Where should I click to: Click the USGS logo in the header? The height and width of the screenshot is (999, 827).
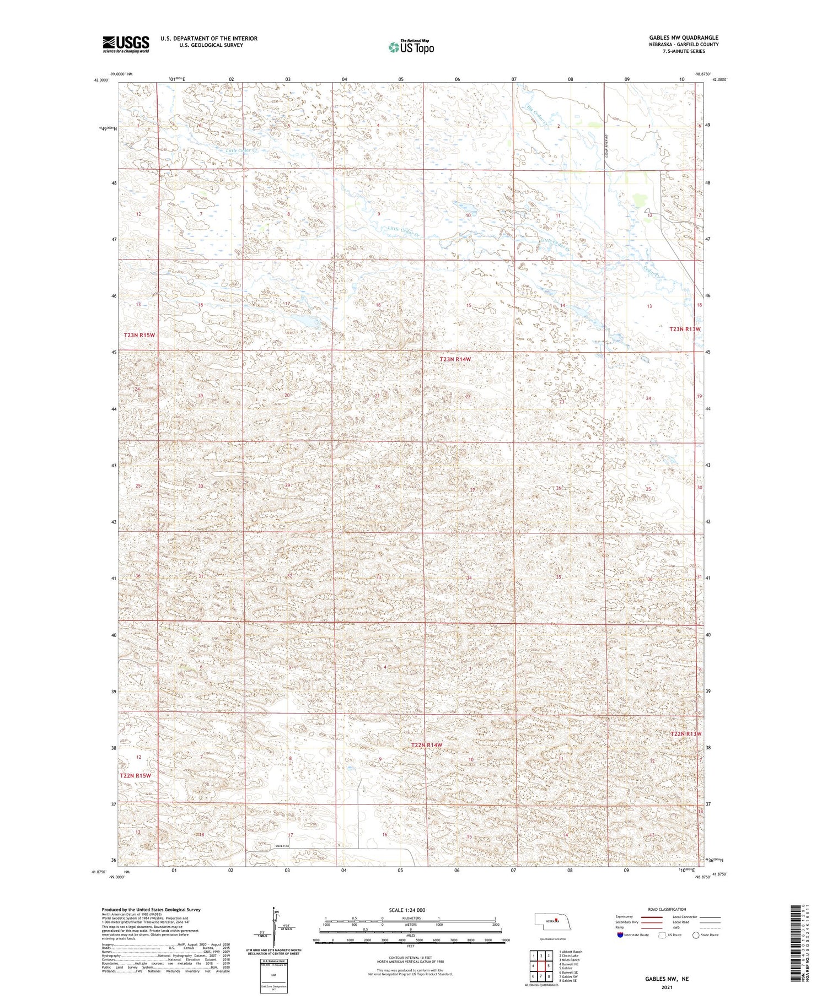click(126, 44)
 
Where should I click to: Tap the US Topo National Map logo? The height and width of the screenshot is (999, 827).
click(411, 47)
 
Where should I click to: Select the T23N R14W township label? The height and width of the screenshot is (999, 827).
click(455, 359)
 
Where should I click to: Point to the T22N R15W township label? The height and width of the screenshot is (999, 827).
click(135, 776)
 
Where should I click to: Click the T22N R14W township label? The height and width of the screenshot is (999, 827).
click(427, 746)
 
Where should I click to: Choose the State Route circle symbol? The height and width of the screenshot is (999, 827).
click(696, 935)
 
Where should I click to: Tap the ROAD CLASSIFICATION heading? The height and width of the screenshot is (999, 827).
click(667, 910)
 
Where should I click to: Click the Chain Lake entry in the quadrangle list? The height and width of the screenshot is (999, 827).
click(570, 956)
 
